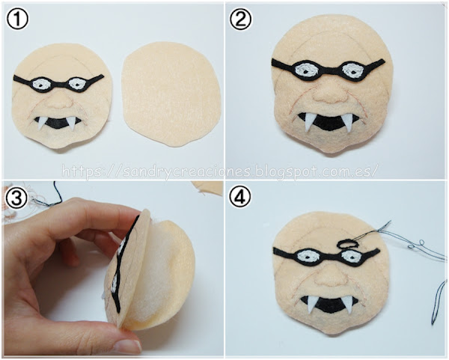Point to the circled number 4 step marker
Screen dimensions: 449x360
tap(240, 197)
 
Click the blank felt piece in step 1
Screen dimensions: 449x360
tap(171, 94)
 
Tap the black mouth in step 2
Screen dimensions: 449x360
tap(329, 123)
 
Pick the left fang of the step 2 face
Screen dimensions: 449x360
tap(308, 122)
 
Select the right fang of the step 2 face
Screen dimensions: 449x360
tap(349, 122)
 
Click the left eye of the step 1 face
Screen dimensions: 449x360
tap(42, 85)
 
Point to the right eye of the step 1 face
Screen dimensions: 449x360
tap(77, 83)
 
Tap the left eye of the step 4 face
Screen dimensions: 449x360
tap(307, 256)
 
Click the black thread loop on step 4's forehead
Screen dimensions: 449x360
tap(347, 244)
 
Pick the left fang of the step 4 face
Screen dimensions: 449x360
tap(311, 305)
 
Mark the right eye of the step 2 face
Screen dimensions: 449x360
tap(352, 70)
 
